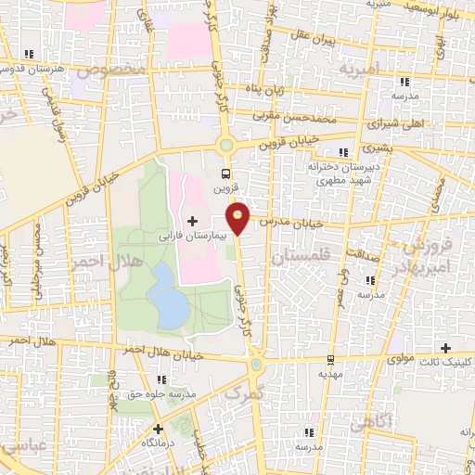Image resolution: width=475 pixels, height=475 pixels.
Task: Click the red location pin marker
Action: [238, 217]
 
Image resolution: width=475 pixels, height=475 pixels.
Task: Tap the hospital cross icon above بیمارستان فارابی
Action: [192, 221]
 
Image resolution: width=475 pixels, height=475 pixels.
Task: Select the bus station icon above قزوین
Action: [225, 173]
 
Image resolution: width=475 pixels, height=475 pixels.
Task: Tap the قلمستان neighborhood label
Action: [300, 262]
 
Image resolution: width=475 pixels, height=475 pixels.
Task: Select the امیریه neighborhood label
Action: [359, 70]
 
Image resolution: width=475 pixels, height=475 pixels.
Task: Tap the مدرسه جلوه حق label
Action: [162, 393]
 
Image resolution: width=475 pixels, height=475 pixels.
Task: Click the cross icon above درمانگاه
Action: [158, 429]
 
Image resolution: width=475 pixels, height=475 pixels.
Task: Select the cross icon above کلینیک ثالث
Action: [445, 347]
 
